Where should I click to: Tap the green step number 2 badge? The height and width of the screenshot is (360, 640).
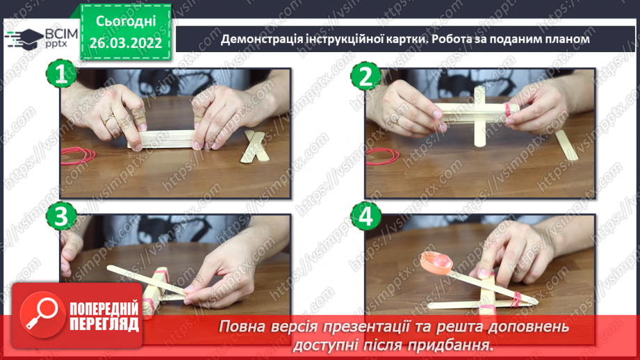coord(366,76)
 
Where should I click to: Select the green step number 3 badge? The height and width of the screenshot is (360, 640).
coord(62,218)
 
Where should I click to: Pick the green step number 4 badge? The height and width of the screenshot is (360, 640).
coord(366,218)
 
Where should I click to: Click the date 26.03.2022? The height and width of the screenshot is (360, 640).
coord(126,42)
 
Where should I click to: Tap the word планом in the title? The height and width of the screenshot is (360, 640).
coord(566,39)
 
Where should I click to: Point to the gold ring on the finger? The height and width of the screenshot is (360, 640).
coord(108,120)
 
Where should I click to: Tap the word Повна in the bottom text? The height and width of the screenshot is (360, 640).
coord(241,326)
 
